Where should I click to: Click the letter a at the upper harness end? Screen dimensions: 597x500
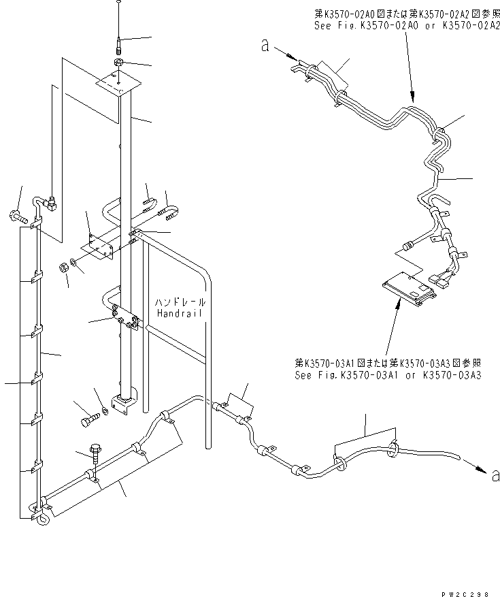(x=265, y=46)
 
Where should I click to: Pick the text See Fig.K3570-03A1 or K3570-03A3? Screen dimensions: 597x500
(x=388, y=375)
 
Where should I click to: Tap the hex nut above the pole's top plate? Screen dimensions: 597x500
(x=118, y=63)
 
